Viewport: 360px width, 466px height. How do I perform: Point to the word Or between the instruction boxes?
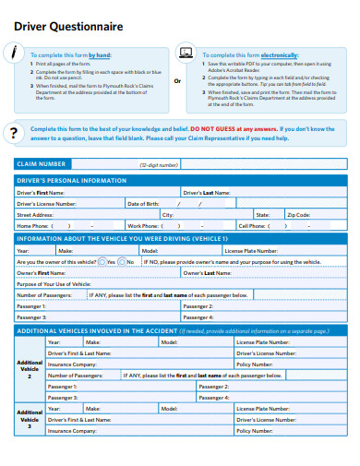[x=177, y=81]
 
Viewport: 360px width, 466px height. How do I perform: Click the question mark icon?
[x=14, y=134]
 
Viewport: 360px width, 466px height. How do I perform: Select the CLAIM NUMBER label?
[x=41, y=164]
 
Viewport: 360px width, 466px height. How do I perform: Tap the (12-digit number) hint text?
[x=159, y=164]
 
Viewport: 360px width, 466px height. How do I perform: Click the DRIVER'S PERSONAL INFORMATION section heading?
[x=72, y=181]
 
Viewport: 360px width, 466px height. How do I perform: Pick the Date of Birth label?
[x=144, y=203]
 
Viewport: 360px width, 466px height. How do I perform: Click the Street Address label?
[x=35, y=214]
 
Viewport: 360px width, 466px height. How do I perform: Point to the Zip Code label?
[x=298, y=214]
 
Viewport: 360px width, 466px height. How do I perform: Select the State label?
[x=263, y=214]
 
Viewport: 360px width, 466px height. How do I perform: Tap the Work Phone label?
[x=144, y=225]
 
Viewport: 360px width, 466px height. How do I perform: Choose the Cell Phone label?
[x=254, y=225]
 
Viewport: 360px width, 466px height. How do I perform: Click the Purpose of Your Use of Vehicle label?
[x=53, y=283]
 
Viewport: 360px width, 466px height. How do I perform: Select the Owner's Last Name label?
[x=206, y=272]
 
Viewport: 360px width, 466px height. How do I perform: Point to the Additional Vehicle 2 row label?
[x=30, y=370]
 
